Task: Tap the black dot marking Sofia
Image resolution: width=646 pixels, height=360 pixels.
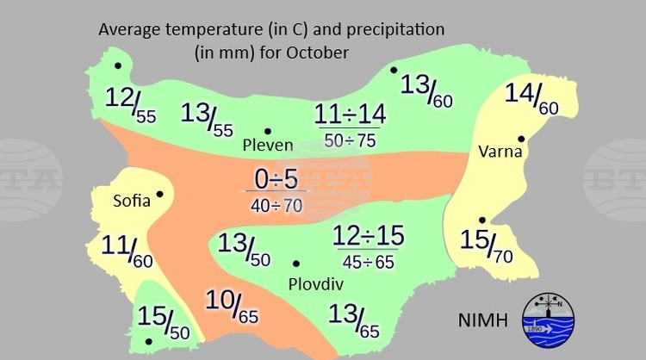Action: click(x=159, y=194)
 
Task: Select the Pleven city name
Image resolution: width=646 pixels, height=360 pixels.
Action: click(x=268, y=145)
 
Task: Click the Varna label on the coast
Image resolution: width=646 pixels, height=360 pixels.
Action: click(x=497, y=152)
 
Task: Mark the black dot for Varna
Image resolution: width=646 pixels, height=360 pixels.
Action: click(x=520, y=138)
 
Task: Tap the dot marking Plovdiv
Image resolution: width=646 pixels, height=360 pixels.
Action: click(x=296, y=264)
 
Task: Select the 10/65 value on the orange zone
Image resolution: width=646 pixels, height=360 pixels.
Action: click(x=231, y=307)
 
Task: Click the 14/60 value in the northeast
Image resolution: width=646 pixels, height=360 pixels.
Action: click(x=531, y=98)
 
